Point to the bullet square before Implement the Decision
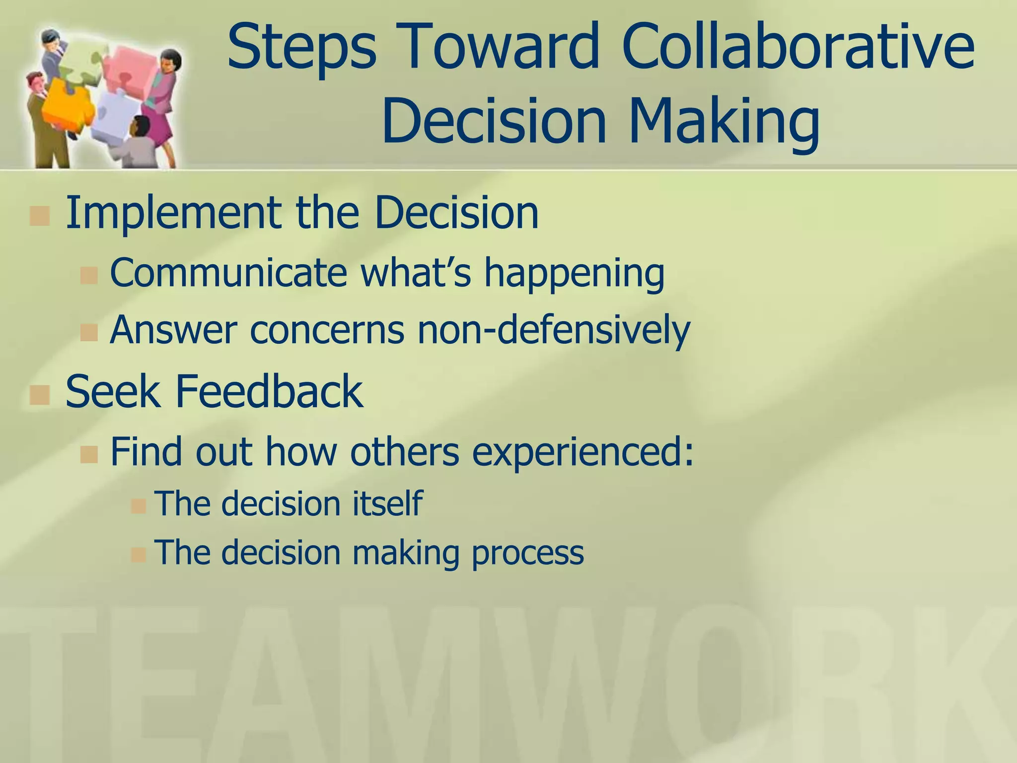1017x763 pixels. pos(39,216)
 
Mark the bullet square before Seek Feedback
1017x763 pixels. pos(39,395)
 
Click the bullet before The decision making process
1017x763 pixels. pos(138,554)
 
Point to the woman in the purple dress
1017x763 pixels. pos(161,99)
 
